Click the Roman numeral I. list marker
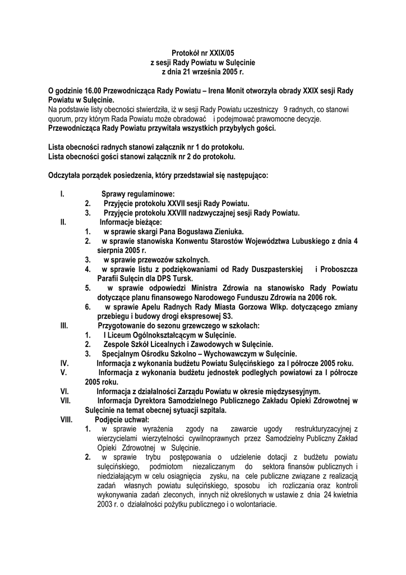62,194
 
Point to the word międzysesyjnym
290,391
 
